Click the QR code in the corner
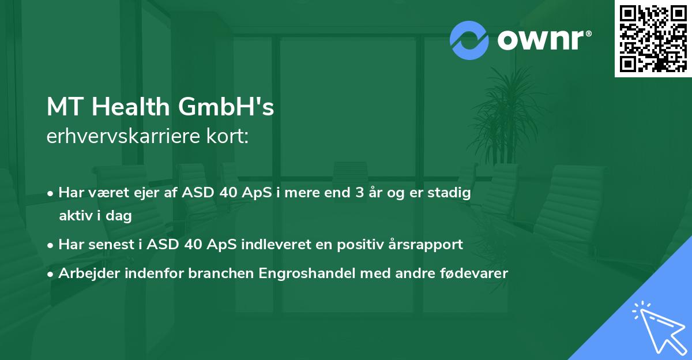(653, 38)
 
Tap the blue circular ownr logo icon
(469, 40)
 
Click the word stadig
(450, 193)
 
